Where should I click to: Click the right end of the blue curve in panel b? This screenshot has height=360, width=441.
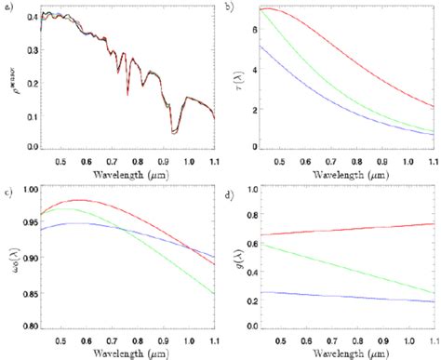click(x=434, y=134)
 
